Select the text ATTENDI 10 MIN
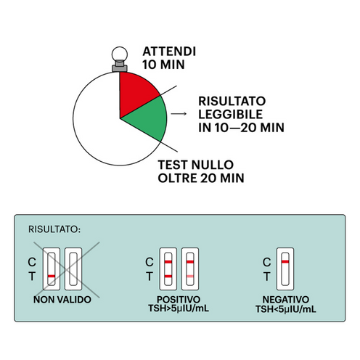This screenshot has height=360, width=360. coord(166,59)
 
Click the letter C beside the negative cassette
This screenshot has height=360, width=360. coord(266,261)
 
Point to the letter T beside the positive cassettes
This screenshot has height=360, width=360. coord(149,277)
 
